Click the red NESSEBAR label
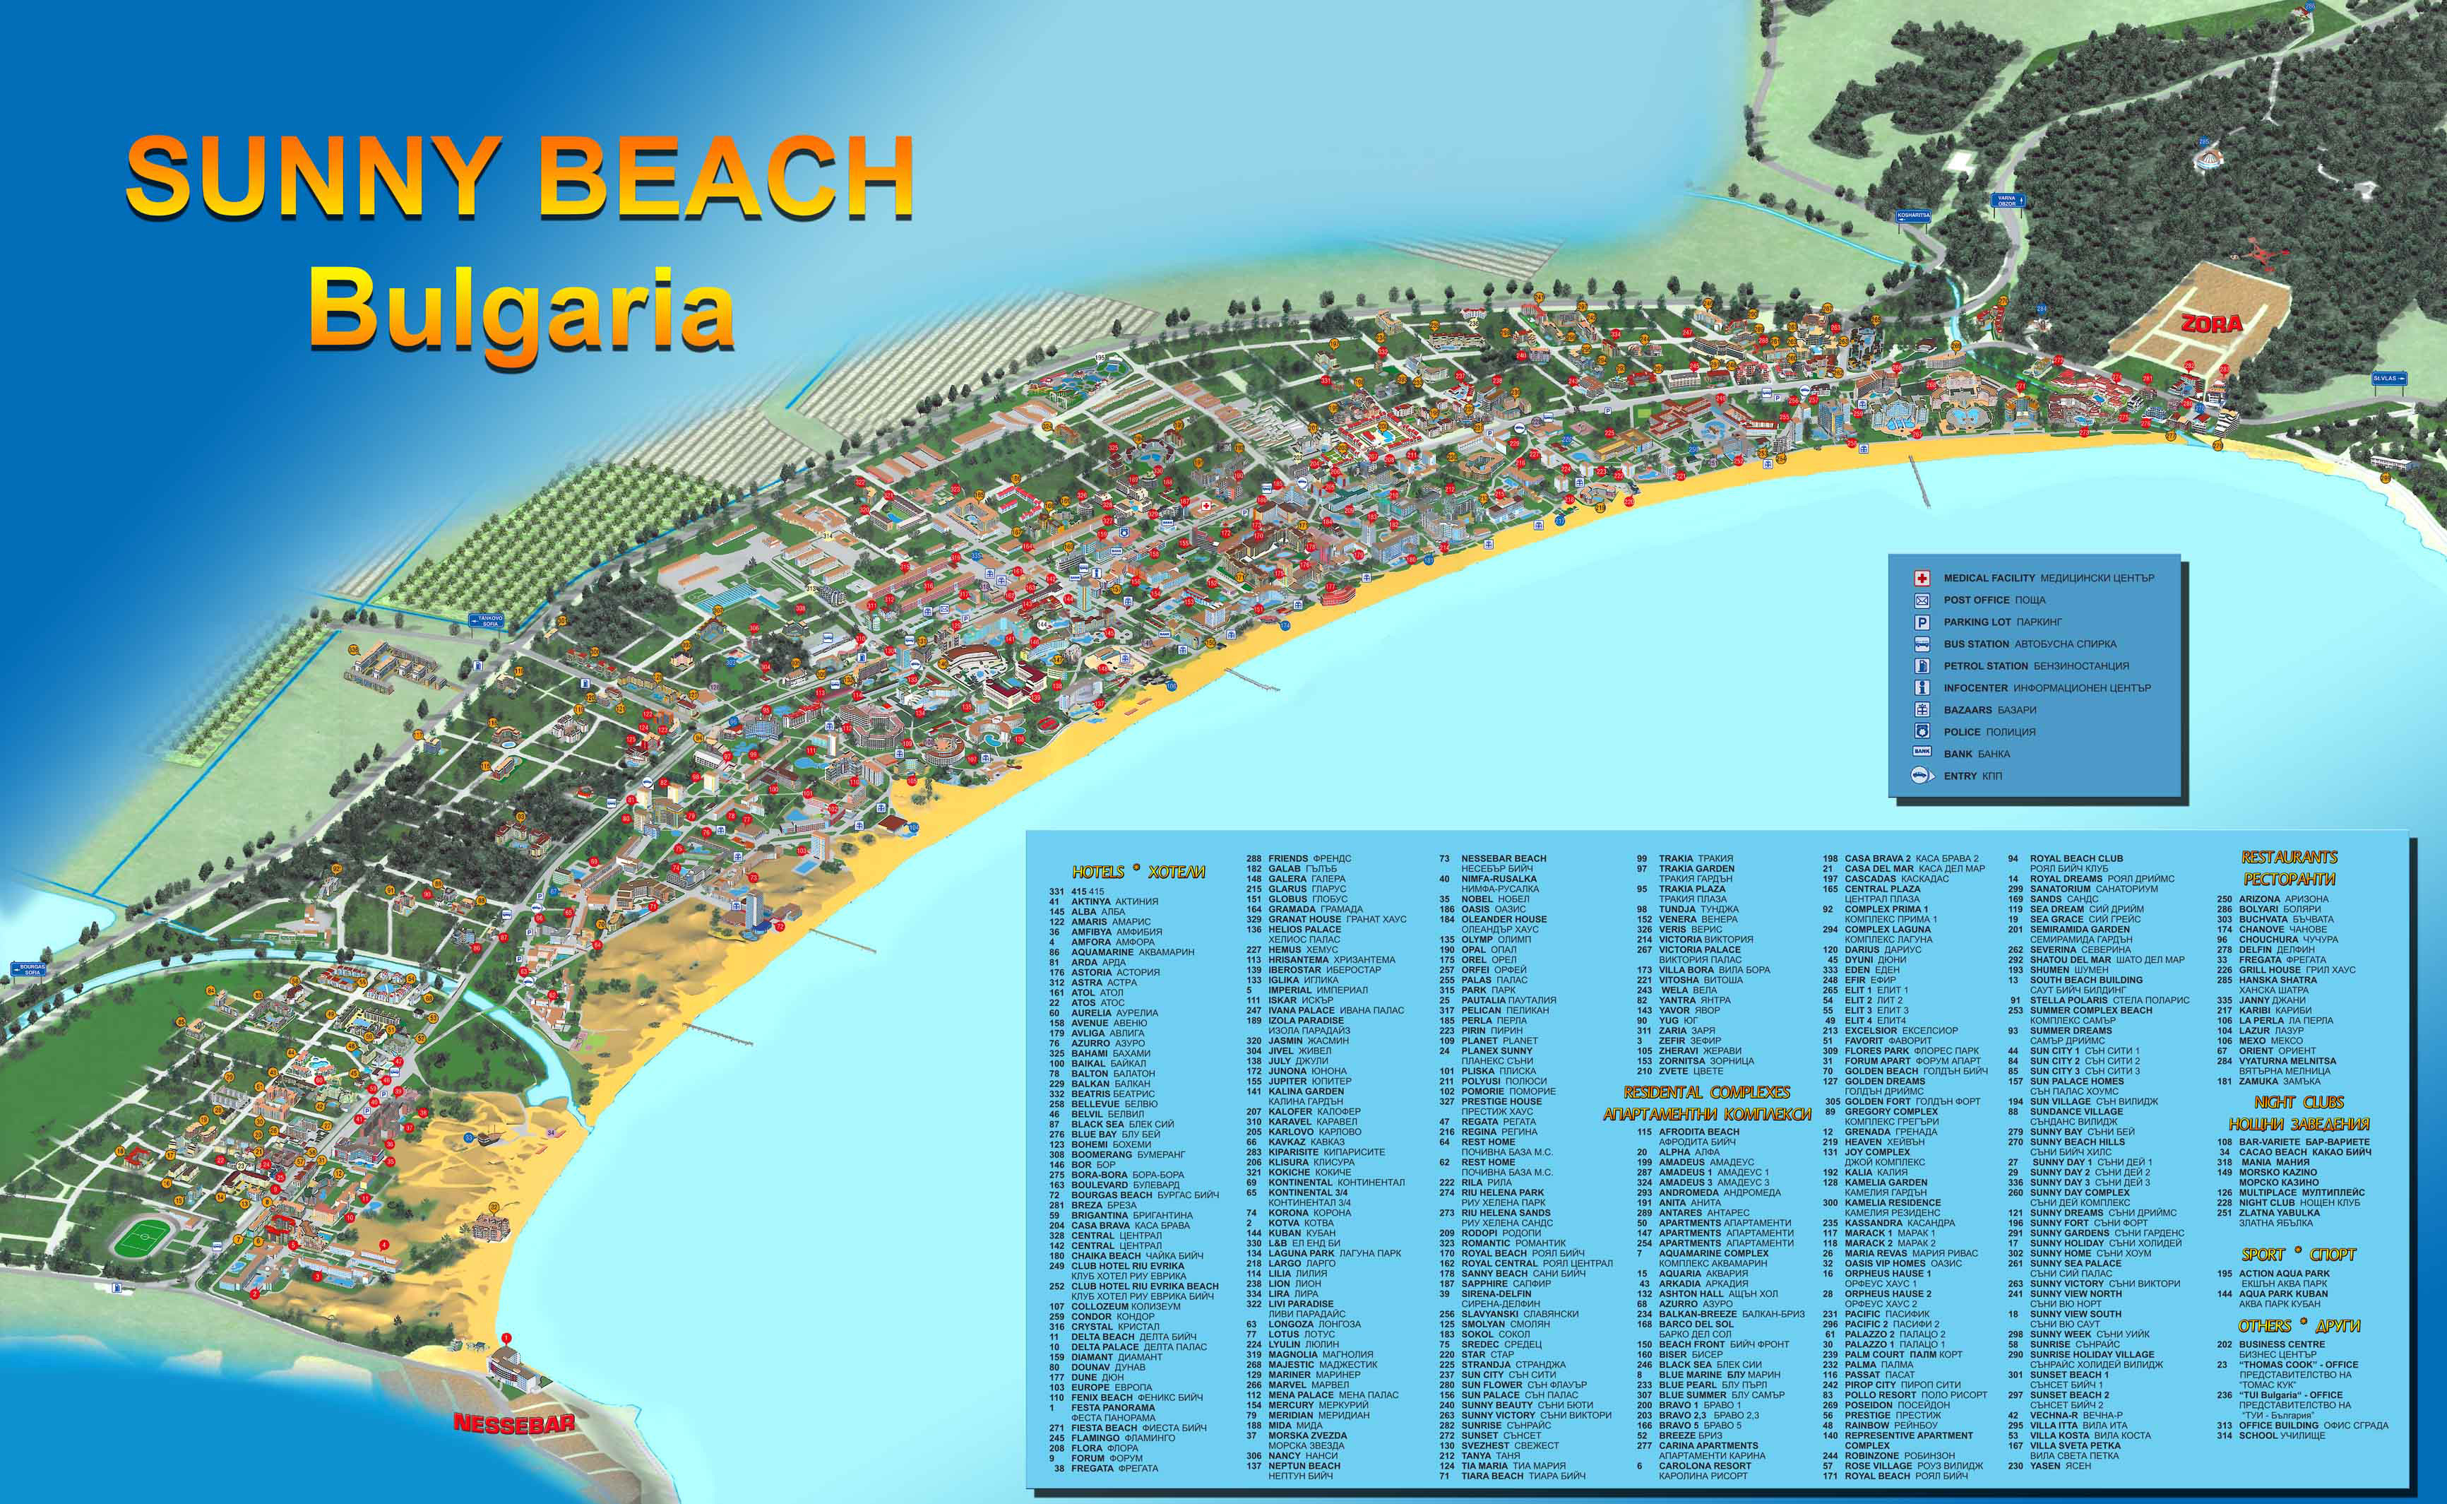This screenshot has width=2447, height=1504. (x=513, y=1423)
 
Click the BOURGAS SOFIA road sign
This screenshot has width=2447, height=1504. (x=29, y=968)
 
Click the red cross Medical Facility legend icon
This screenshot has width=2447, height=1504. (x=1922, y=578)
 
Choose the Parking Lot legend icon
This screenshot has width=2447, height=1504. (x=1922, y=622)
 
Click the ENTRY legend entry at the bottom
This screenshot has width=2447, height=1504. (x=1959, y=776)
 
